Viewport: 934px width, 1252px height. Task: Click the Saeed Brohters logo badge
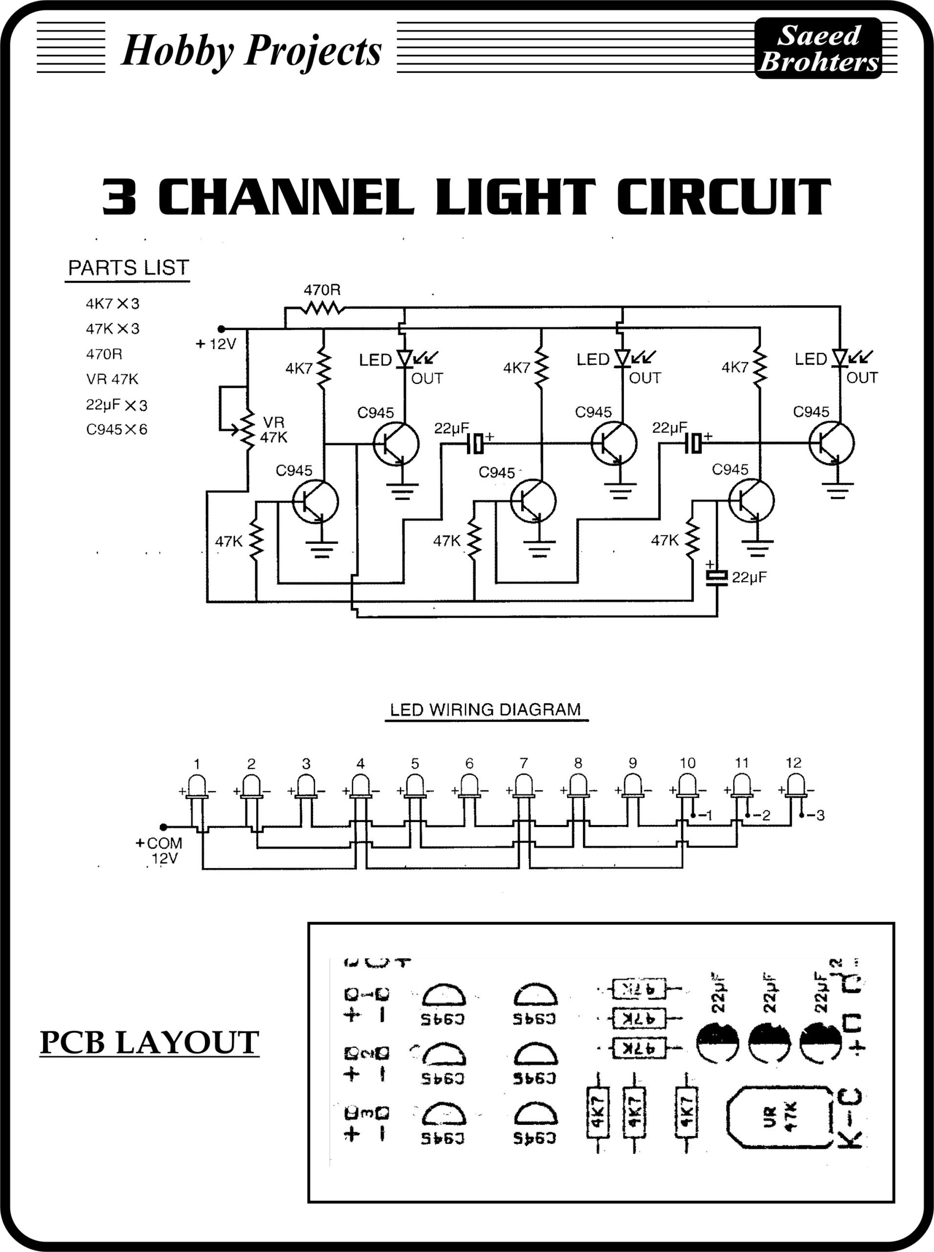(818, 48)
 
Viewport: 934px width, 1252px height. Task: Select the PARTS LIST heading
(128, 268)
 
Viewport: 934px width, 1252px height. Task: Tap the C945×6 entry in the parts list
(116, 429)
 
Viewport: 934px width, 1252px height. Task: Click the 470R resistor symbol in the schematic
(322, 308)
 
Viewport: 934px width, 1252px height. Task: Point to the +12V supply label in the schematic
(216, 344)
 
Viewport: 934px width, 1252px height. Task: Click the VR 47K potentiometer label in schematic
(274, 430)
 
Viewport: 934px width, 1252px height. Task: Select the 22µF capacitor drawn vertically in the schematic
(717, 576)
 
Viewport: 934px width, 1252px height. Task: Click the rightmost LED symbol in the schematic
(840, 358)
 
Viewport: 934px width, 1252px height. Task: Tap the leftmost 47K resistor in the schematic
(256, 540)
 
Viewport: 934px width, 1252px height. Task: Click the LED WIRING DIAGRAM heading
(486, 710)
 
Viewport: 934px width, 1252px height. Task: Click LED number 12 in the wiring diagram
(796, 785)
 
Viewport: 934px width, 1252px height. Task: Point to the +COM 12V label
(160, 850)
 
